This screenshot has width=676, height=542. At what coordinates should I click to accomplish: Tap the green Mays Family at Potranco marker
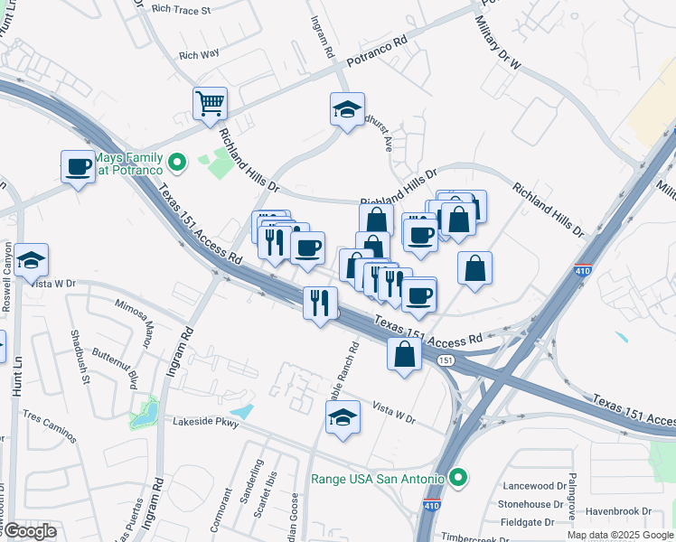tap(178, 163)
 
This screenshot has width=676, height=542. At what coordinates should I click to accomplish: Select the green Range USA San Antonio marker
tap(458, 477)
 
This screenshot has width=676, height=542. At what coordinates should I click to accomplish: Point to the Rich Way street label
tap(200, 55)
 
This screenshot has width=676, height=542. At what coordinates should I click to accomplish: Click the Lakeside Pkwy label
tap(209, 422)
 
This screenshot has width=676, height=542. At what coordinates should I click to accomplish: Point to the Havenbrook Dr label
tap(618, 511)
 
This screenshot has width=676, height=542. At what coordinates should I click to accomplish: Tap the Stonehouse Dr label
tap(534, 504)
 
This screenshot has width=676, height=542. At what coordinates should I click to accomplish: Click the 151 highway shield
tap(445, 360)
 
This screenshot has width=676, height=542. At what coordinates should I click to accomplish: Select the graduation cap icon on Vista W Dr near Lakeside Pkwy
tap(343, 417)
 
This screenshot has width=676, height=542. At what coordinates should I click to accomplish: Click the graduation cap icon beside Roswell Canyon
tap(31, 261)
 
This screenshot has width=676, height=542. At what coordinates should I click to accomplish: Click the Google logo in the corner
tap(29, 530)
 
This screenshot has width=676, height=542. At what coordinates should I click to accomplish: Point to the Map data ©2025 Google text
tap(620, 535)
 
